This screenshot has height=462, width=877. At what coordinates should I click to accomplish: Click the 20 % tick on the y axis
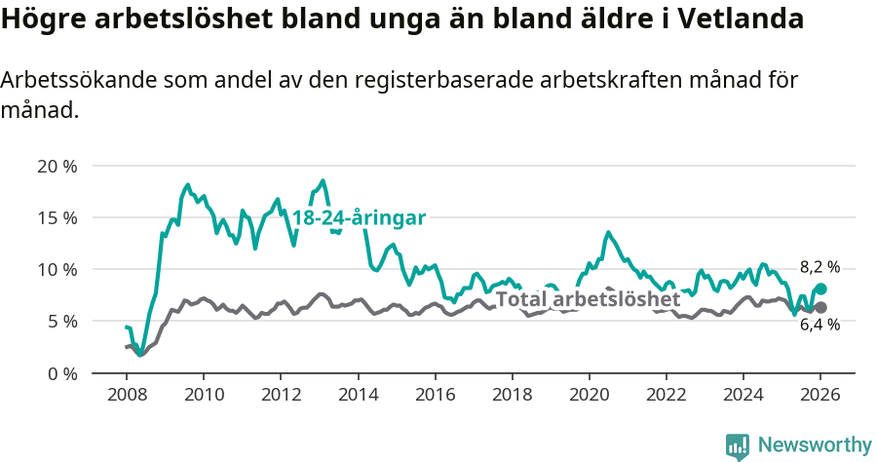pyautogui.click(x=57, y=166)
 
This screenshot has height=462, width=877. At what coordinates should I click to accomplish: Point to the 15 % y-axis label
pyautogui.click(x=57, y=217)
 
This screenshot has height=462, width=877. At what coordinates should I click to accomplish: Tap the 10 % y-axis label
pyautogui.click(x=57, y=269)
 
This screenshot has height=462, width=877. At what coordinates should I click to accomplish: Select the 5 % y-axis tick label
pyautogui.click(x=60, y=321)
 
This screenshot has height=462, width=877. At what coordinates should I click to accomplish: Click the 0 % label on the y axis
pyautogui.click(x=60, y=373)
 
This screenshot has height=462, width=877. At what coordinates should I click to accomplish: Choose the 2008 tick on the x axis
pyautogui.click(x=127, y=395)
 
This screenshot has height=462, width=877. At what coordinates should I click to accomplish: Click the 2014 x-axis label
pyautogui.click(x=358, y=395)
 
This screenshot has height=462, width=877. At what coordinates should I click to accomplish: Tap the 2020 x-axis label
pyautogui.click(x=589, y=395)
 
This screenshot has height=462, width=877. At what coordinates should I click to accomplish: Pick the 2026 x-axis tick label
pyautogui.click(x=820, y=395)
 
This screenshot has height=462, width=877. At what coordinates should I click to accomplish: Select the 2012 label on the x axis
pyautogui.click(x=281, y=395)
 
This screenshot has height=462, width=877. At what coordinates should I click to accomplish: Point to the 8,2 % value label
pyautogui.click(x=820, y=267)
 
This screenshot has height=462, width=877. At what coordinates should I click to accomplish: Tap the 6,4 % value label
pyautogui.click(x=820, y=326)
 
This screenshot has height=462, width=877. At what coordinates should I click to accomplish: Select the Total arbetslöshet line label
pyautogui.click(x=588, y=299)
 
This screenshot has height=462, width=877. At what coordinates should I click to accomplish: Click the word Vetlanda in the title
pyautogui.click(x=745, y=19)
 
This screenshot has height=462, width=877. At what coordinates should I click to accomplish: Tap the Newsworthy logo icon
pyautogui.click(x=737, y=446)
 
